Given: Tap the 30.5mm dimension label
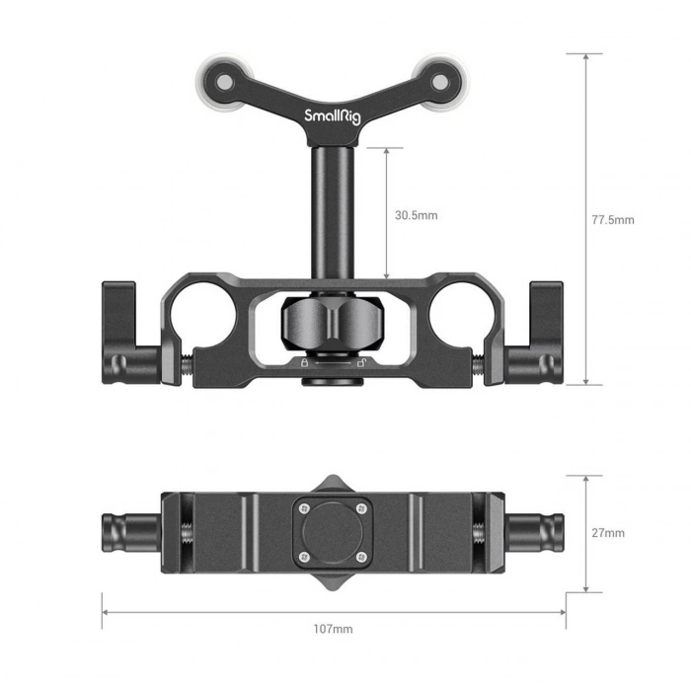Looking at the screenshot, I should click(x=416, y=214).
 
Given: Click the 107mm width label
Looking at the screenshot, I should click(x=333, y=629).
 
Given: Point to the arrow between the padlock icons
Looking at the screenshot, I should click(x=326, y=364).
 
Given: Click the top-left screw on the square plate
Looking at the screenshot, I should click(x=304, y=509).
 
